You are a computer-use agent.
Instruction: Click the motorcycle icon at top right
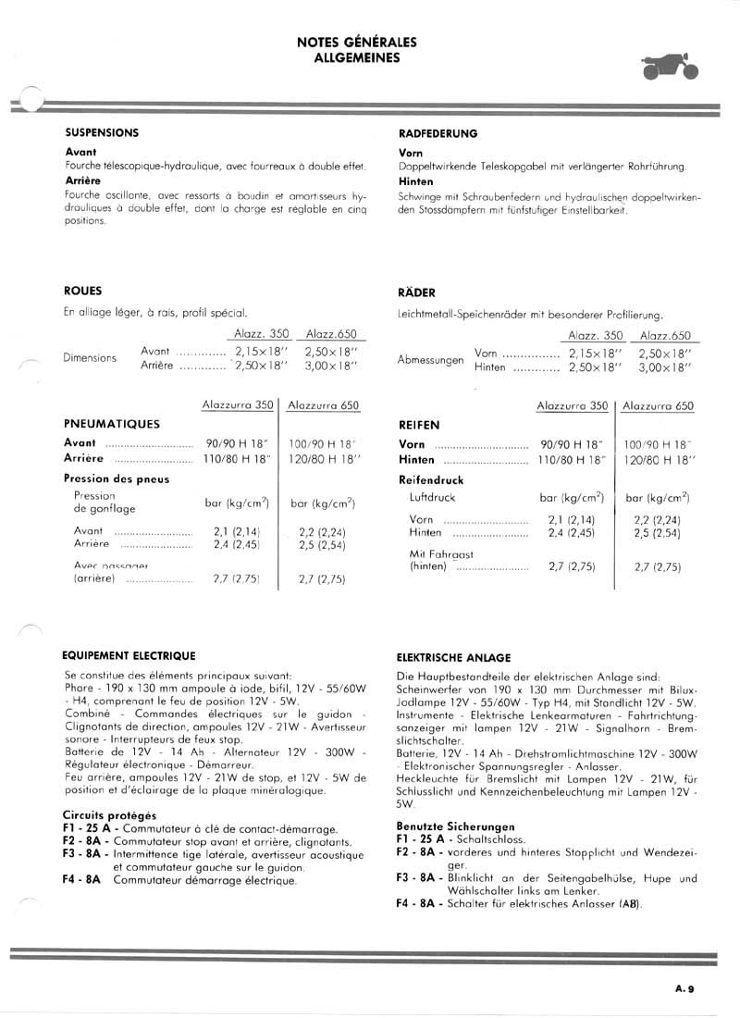[x=671, y=68]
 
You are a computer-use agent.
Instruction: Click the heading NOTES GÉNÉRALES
[x=357, y=43]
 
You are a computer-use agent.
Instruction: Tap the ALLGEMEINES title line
[x=357, y=57]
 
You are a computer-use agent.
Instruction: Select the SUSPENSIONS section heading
[x=102, y=132]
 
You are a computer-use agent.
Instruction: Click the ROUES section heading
[x=83, y=290]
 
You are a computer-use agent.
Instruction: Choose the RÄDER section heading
[x=416, y=292]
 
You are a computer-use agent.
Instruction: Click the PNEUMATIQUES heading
[x=112, y=424]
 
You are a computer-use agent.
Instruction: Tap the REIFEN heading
[x=419, y=425]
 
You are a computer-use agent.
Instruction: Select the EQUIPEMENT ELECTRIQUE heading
[x=129, y=655]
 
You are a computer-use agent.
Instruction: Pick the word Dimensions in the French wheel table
[x=91, y=358]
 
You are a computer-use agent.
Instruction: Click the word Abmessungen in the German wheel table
[x=431, y=359]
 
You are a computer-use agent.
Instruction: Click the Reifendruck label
[x=431, y=480]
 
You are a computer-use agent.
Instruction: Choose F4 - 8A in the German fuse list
[x=420, y=903]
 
